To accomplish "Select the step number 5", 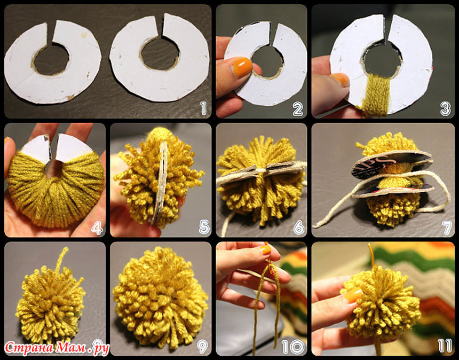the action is click(204, 227).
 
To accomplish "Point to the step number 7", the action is click(448, 228).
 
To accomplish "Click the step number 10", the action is click(293, 347).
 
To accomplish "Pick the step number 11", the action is click(445, 346).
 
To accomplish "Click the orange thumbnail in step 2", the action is click(241, 67).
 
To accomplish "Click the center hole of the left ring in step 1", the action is click(52, 59).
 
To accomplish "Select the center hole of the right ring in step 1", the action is click(160, 53).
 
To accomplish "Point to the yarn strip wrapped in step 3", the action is click(376, 95).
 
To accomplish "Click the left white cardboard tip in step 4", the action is click(37, 148).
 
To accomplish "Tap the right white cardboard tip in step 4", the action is click(73, 147).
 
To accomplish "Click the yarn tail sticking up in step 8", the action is click(62, 259).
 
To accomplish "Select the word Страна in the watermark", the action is click(29, 348).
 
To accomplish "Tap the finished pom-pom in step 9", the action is click(161, 298).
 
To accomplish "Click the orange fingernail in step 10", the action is click(265, 249).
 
